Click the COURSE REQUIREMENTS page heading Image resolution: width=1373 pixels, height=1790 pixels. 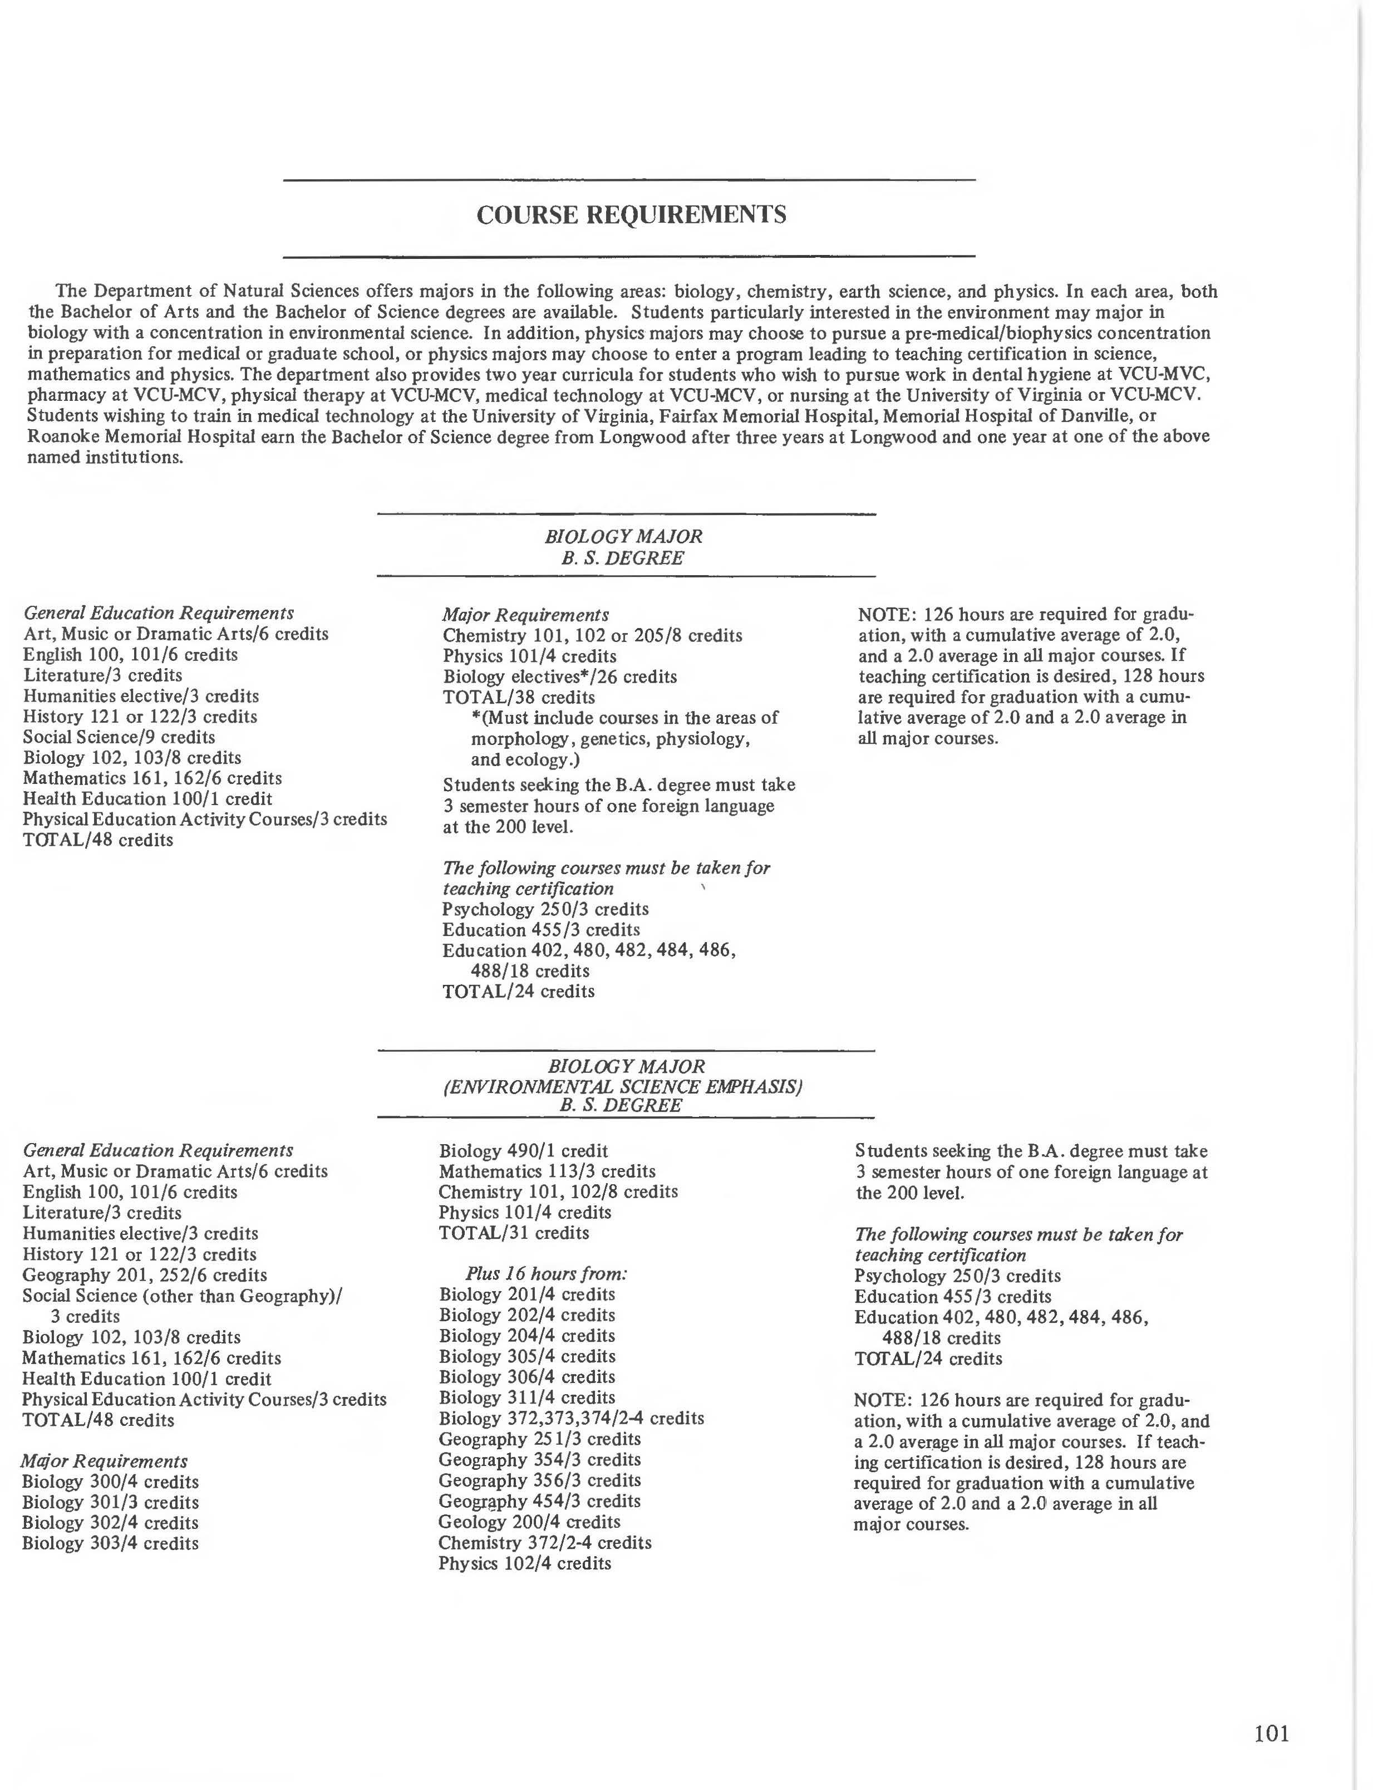[x=631, y=215]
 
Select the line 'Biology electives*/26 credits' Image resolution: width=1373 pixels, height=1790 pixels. [x=560, y=677]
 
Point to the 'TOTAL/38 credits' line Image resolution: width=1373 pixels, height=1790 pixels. [x=519, y=697]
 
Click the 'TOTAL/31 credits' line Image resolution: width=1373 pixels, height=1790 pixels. [x=514, y=1233]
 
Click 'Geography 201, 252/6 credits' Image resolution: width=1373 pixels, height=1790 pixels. [x=145, y=1275]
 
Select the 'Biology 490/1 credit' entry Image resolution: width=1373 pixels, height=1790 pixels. [x=523, y=1151]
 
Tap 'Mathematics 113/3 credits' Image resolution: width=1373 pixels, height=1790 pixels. [x=547, y=1171]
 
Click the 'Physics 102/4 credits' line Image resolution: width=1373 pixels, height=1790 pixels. [x=525, y=1563]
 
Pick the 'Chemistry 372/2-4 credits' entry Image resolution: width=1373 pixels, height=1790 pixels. [x=544, y=1542]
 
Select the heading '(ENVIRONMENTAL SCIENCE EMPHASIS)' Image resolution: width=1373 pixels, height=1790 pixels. [x=623, y=1087]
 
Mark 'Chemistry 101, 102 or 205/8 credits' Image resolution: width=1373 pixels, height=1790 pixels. [x=593, y=636]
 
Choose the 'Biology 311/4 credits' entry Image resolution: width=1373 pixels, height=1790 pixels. [x=526, y=1397]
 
